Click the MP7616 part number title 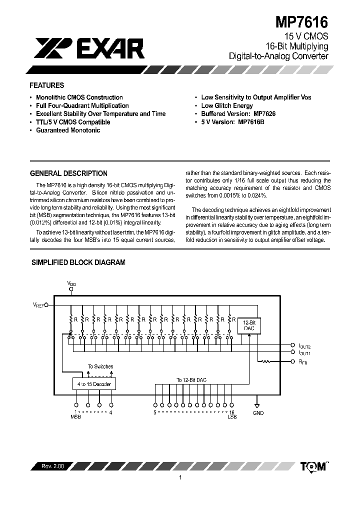[302, 22]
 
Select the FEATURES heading [47, 85]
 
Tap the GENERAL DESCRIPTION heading [69, 173]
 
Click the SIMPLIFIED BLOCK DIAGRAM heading [78, 262]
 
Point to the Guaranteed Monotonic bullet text [68, 130]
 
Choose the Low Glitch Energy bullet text [227, 105]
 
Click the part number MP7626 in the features [264, 114]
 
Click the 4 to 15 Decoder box [94, 383]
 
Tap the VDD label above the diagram [71, 283]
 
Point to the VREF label [39, 304]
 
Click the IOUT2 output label [304, 346]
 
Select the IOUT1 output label [304, 353]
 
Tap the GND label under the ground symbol [258, 413]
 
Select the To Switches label [100, 366]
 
